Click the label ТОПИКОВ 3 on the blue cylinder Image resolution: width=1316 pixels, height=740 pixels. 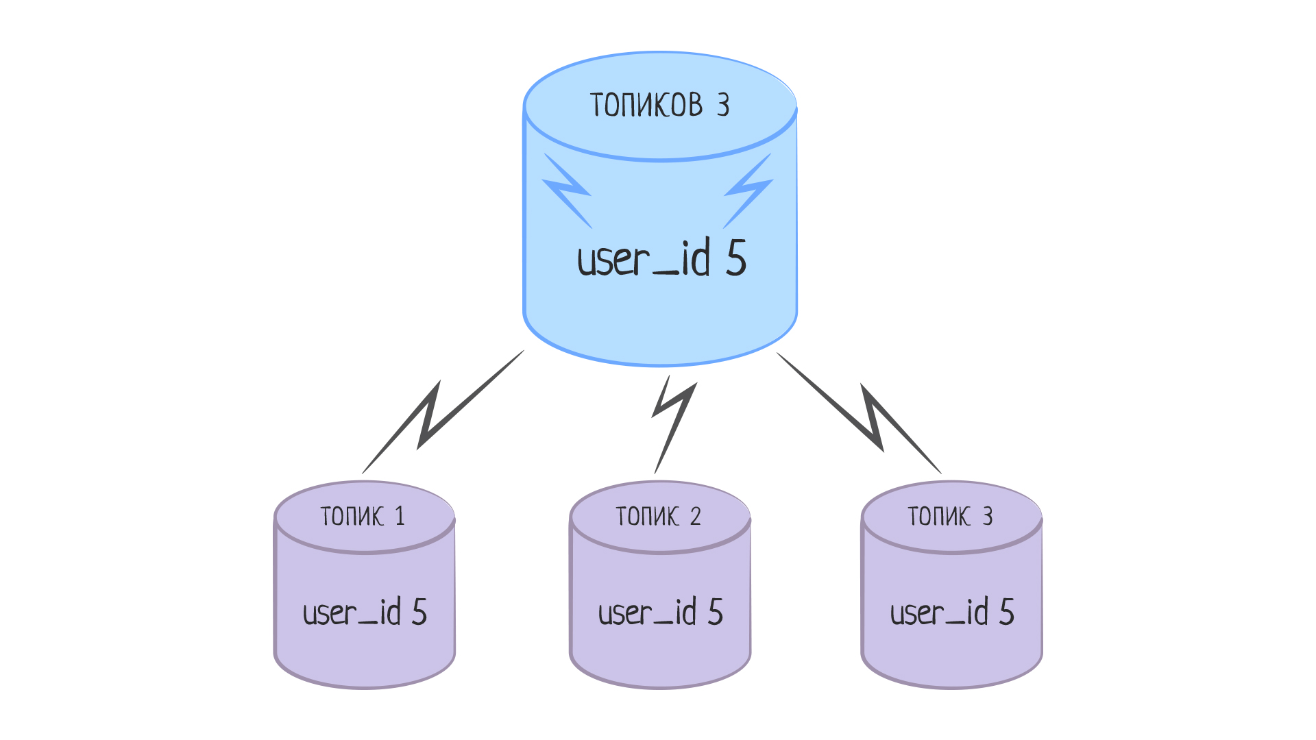click(x=659, y=106)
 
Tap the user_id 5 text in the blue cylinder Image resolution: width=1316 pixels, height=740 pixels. click(x=661, y=259)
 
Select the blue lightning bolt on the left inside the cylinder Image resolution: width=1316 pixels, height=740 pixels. click(x=568, y=190)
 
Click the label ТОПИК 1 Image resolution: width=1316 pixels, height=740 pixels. click(x=363, y=516)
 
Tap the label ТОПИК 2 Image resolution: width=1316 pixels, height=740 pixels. click(x=658, y=516)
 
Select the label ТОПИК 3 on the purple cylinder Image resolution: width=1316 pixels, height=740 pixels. click(x=950, y=516)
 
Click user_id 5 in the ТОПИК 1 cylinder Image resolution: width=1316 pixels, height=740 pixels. click(x=365, y=612)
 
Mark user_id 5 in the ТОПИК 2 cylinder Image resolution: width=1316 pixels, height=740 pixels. click(x=660, y=612)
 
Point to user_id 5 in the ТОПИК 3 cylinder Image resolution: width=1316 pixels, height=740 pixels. click(x=952, y=612)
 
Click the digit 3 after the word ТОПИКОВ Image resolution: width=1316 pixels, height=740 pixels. click(x=723, y=106)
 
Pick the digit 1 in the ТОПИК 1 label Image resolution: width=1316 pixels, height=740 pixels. click(x=400, y=516)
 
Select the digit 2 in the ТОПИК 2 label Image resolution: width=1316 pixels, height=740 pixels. click(x=695, y=516)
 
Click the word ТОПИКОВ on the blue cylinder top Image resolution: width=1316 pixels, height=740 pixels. click(x=646, y=106)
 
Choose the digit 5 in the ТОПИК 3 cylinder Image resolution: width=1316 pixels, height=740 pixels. click(x=1006, y=611)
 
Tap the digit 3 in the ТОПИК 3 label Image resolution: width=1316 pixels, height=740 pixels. click(x=987, y=516)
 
